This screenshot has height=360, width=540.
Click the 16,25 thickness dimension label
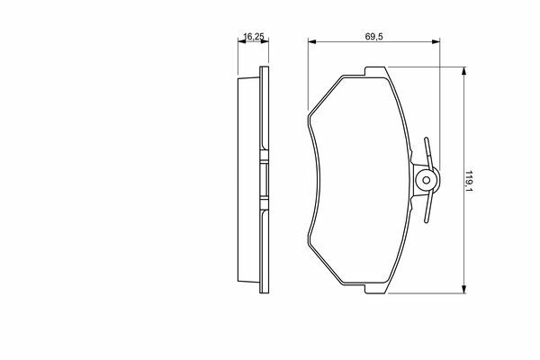254,36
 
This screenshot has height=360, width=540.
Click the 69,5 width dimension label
374,37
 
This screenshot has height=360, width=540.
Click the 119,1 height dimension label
468,181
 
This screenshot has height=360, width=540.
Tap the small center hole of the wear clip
426,180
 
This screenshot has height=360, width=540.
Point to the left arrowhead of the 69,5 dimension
311,41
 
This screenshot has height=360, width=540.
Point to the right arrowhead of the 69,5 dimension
436,41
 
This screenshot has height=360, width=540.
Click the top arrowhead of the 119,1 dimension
463,71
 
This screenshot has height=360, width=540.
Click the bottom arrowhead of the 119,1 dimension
463,290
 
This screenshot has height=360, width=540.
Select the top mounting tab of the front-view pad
375,72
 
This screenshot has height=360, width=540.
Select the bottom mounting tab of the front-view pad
375,289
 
